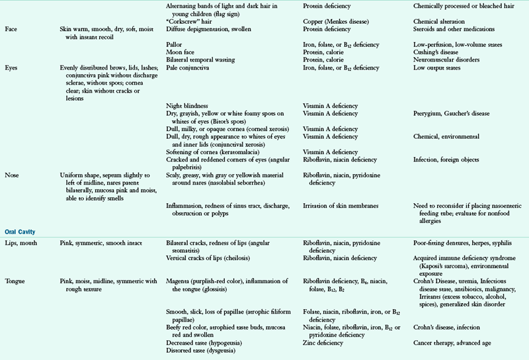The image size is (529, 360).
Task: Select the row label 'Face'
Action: pos(11,30)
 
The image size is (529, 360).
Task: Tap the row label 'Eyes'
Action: pos(12,67)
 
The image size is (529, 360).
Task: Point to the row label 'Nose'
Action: pos(12,175)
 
